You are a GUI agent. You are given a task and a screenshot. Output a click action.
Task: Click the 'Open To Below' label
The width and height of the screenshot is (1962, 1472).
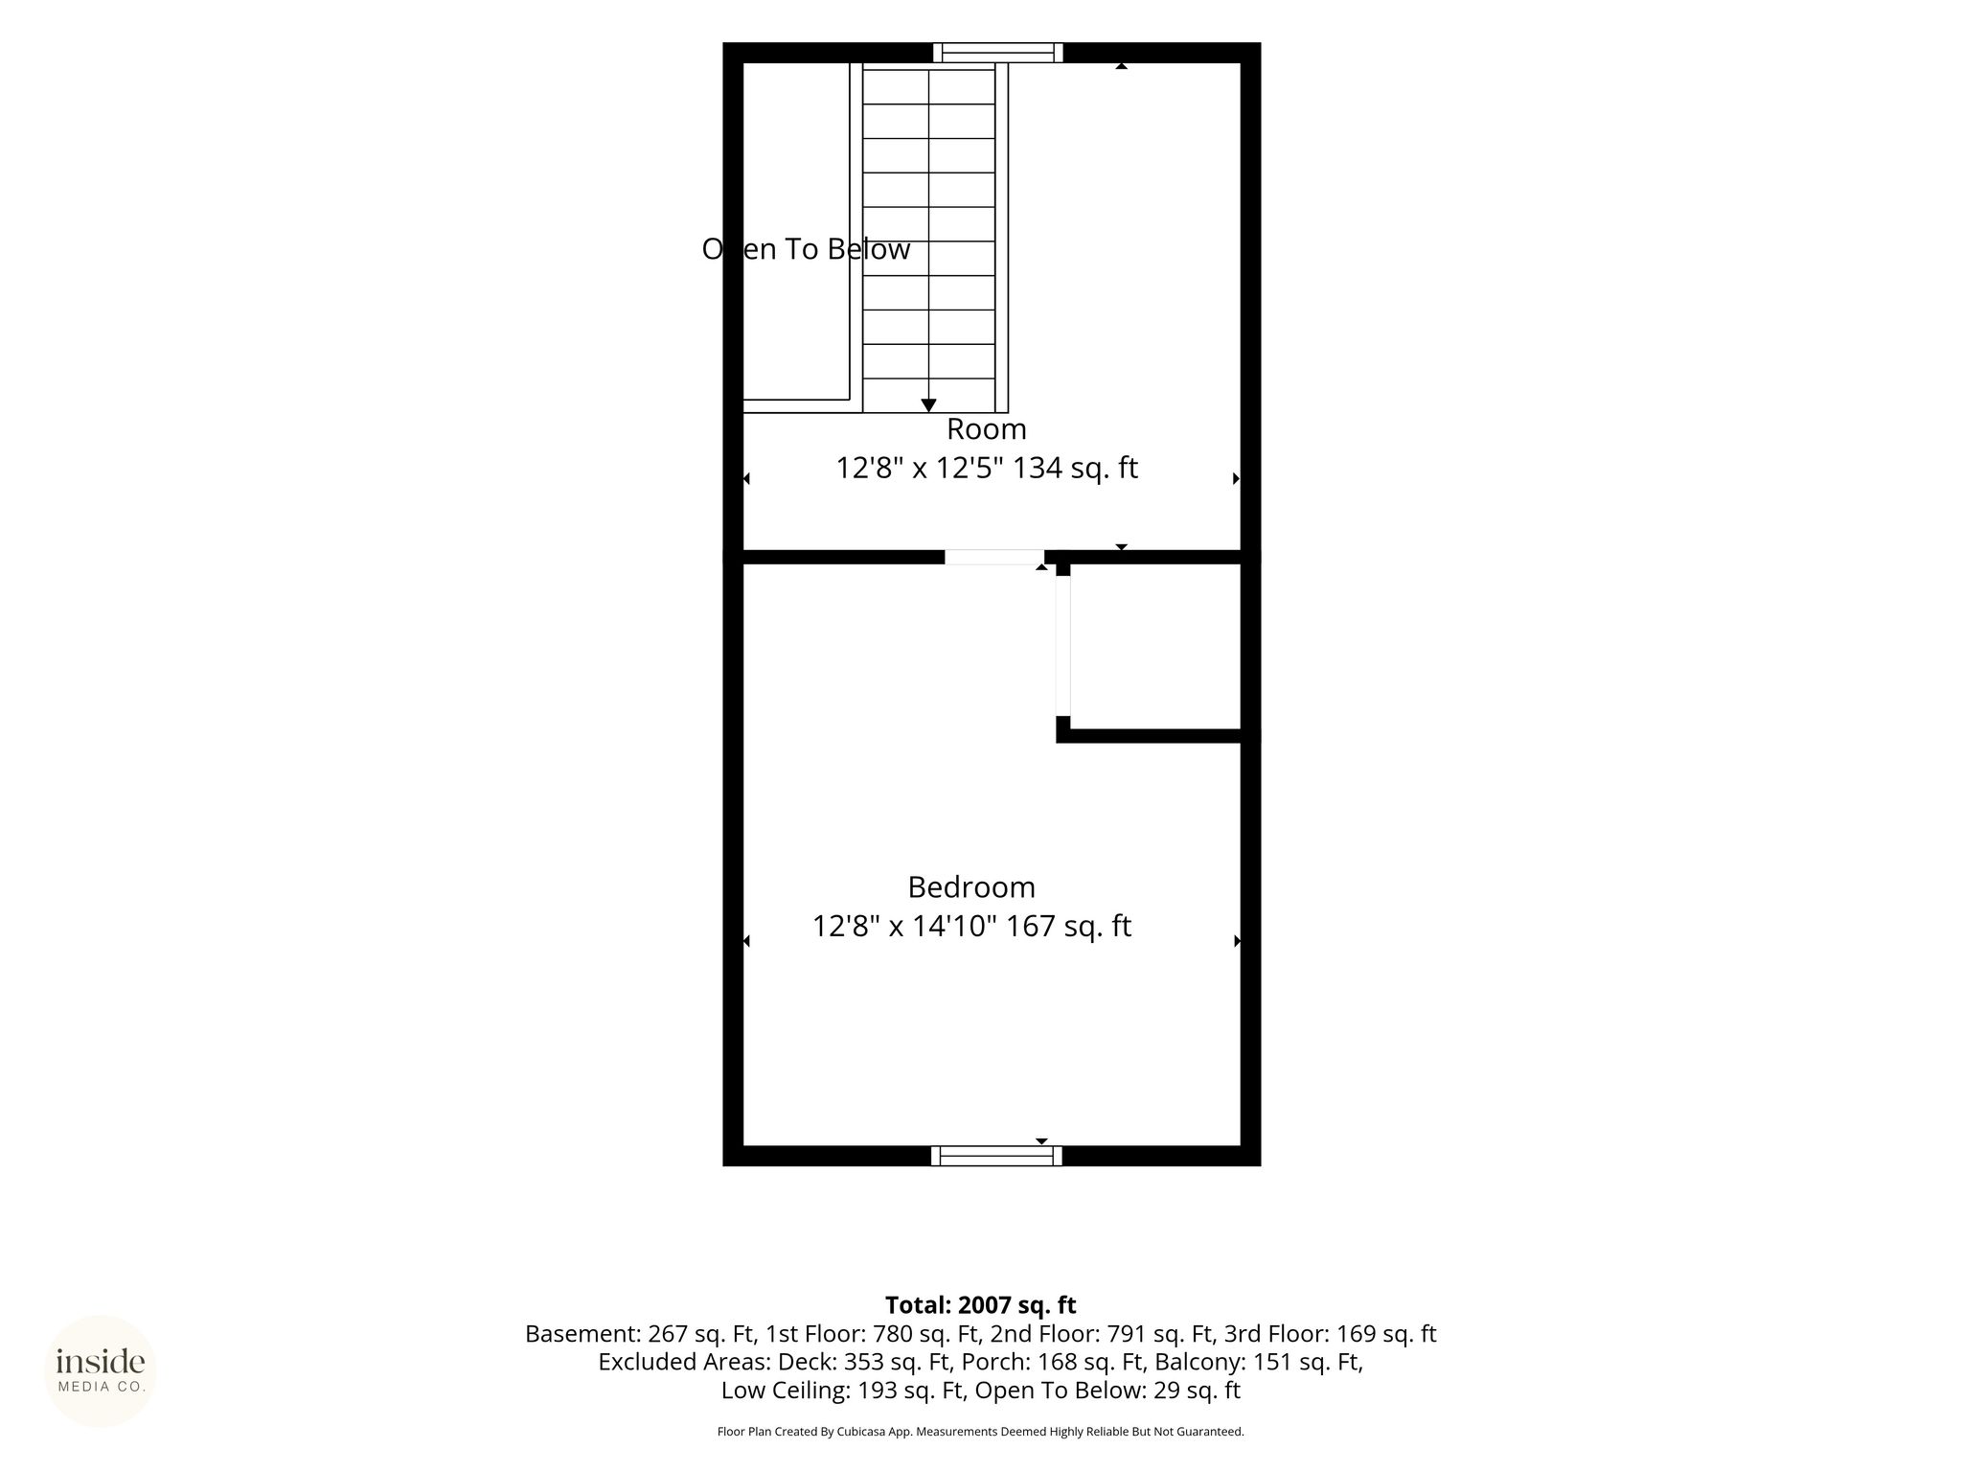pos(806,249)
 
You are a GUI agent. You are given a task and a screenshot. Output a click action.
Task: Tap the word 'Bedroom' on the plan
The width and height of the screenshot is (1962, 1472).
pos(971,887)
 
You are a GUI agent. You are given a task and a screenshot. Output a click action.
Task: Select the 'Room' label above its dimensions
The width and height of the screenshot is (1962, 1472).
pos(986,428)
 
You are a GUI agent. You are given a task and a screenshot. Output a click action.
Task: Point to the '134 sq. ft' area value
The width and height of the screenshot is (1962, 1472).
pos(1076,469)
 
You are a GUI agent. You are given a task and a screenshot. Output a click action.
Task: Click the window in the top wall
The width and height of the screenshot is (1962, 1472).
pos(997,53)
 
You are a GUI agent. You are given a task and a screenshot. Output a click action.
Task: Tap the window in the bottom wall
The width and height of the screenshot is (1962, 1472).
pos(996,1156)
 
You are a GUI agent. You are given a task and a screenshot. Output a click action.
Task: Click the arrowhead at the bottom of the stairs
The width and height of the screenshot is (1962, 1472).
pos(928,406)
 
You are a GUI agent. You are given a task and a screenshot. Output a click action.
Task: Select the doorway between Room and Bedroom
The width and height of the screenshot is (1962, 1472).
pos(994,557)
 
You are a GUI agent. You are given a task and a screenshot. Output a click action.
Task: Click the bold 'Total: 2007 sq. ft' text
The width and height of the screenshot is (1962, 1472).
pos(980,1305)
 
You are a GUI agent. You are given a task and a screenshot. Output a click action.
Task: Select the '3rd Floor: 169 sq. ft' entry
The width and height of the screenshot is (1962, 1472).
pos(1330,1334)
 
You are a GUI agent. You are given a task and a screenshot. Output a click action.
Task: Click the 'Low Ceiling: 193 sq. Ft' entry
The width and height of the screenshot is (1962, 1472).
pos(843,1391)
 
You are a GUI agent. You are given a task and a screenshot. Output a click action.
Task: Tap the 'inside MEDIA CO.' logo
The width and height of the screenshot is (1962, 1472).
pos(101,1371)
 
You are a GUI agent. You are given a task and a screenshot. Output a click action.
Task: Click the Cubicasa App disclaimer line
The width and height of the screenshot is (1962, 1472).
pos(980,1432)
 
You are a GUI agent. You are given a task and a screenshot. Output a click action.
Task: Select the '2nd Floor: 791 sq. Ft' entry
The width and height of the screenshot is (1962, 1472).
pos(1102,1334)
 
